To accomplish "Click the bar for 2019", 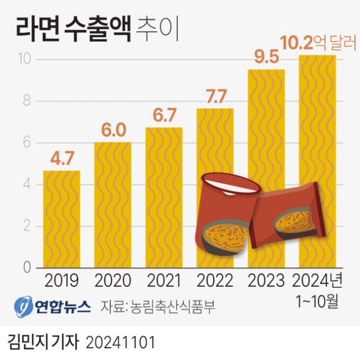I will tap(61, 219).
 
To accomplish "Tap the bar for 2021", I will tap(164, 197).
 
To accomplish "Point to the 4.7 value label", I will tap(61, 159).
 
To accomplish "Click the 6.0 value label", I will tap(112, 130).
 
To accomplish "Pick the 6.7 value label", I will tap(164, 115).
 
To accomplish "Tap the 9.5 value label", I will tap(266, 58).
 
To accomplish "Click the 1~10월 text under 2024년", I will tap(317, 302).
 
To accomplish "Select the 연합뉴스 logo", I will tap(52, 307).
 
